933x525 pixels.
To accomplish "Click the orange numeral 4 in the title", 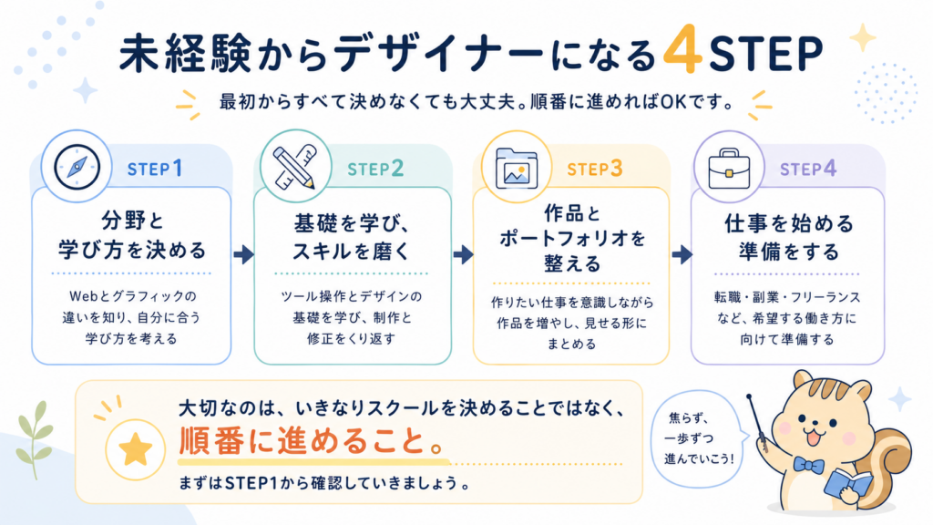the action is tap(683, 49).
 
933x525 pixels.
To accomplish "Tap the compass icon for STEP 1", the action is tap(77, 168).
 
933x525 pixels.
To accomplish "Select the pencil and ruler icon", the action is tap(294, 167).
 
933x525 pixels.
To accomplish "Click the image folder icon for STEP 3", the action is tap(517, 168).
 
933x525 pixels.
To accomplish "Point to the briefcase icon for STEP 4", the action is tap(729, 169).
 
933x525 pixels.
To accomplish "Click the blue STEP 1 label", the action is tap(155, 169).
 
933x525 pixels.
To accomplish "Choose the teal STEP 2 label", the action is tap(375, 169).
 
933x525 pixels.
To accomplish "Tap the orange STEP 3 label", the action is tap(594, 169).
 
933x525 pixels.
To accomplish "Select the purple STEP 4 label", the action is tap(808, 169).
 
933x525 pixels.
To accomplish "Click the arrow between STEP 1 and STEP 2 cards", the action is tap(243, 255).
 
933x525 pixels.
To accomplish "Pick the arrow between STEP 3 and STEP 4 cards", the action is tap(682, 255).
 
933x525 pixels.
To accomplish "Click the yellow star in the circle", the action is tap(135, 448).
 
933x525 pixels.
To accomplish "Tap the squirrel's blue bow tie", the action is tap(807, 465).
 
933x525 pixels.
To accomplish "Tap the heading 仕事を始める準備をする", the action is tap(788, 238).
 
